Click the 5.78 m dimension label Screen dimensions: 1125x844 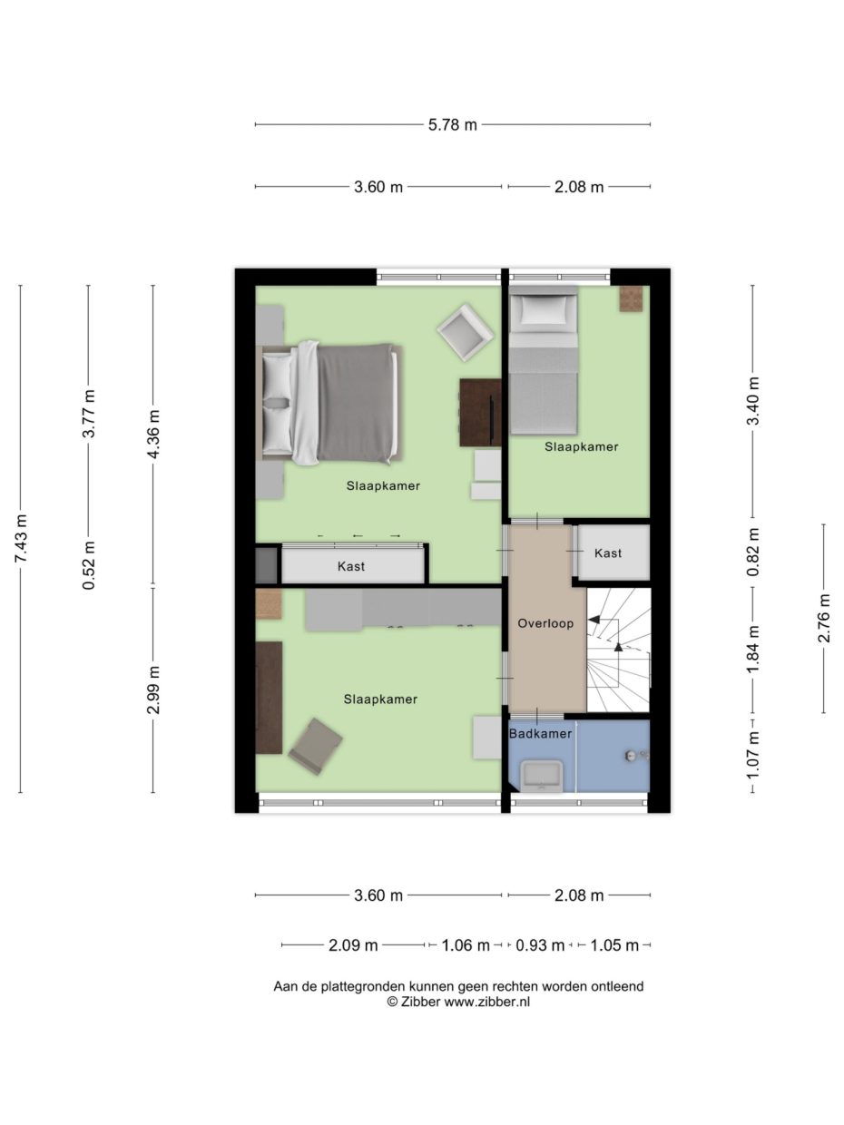[452, 125]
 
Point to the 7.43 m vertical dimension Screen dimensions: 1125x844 [21, 539]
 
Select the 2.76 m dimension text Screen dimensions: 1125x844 [824, 618]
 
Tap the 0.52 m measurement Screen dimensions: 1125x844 [88, 564]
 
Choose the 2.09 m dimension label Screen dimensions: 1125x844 [353, 945]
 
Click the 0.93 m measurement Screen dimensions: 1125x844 [540, 945]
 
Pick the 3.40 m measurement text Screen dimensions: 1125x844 [752, 399]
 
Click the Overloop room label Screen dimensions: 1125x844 [545, 623]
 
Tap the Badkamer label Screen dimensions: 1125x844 [540, 733]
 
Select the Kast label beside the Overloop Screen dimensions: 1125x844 [608, 553]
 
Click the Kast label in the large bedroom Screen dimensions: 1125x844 [351, 566]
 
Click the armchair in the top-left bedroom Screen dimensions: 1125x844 [466, 331]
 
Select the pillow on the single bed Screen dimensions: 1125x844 [543, 311]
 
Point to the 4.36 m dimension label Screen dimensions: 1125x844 [153, 435]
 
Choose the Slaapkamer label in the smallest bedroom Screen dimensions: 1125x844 [582, 446]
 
